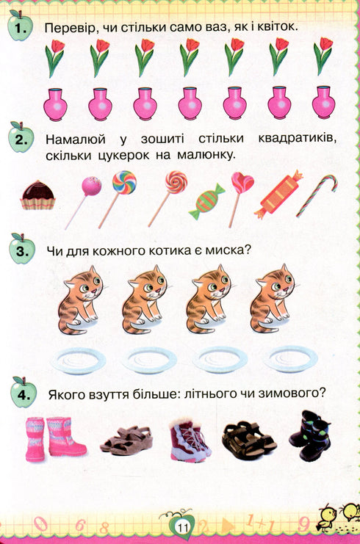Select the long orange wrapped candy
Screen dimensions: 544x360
click(x=273, y=195)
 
